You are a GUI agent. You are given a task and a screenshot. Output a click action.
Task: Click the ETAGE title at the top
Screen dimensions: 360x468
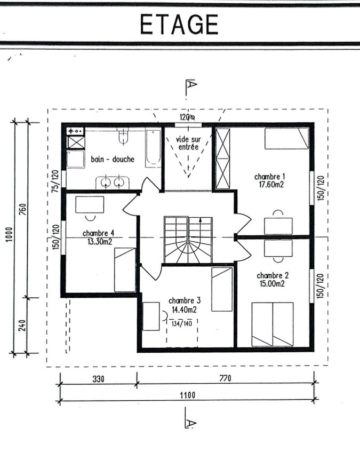click(179, 25)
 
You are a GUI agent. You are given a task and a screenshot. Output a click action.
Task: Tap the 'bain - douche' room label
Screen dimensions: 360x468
click(113, 159)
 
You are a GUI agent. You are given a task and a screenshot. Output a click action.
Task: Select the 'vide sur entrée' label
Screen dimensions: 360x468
click(188, 143)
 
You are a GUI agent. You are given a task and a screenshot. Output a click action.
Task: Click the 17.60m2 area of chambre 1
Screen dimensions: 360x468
click(271, 185)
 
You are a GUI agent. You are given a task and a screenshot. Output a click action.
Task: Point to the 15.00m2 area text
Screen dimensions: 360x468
click(272, 283)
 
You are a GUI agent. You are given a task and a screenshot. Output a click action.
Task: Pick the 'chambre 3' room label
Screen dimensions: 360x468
click(185, 300)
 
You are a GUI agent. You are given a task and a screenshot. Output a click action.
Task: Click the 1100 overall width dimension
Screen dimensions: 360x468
click(188, 395)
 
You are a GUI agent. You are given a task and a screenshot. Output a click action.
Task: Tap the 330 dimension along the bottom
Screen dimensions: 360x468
click(99, 379)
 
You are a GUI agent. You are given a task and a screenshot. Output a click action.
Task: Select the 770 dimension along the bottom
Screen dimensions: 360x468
click(225, 378)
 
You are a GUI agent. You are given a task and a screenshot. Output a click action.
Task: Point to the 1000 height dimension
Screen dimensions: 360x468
click(10, 235)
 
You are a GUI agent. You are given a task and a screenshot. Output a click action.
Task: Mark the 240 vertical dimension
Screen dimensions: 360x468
click(22, 326)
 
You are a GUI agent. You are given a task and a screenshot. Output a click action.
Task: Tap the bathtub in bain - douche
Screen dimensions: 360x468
click(153, 148)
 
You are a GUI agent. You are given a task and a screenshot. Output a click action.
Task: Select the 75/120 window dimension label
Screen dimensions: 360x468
click(55, 181)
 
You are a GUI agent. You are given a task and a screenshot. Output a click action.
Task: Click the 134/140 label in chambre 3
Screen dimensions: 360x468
click(181, 323)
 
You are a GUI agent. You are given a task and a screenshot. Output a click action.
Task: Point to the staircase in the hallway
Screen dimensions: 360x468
click(188, 240)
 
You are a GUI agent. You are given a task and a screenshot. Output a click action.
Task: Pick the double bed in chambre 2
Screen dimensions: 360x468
click(273, 324)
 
